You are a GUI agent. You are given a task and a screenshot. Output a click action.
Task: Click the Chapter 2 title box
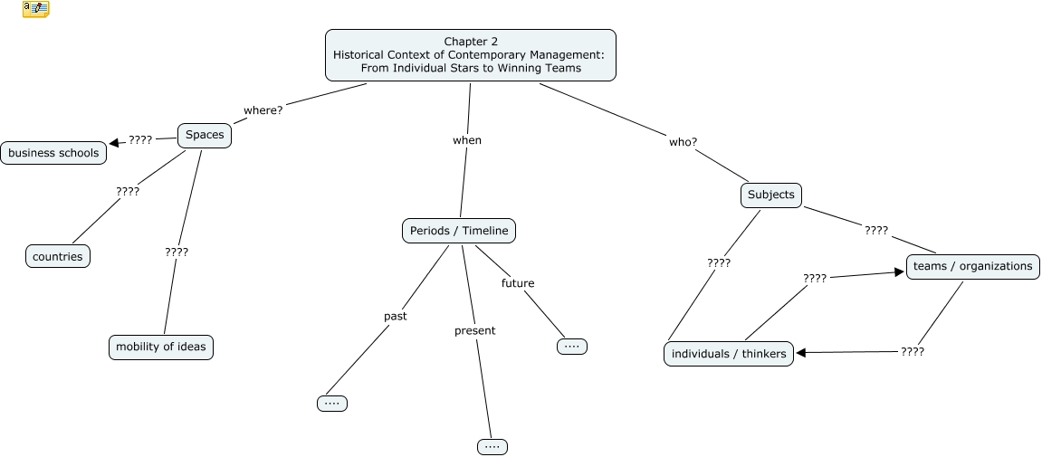click(470, 55)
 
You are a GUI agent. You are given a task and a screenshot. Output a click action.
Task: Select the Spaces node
click(205, 136)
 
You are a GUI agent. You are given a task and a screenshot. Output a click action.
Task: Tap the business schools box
click(53, 153)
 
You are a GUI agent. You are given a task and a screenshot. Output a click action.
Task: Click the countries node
click(58, 256)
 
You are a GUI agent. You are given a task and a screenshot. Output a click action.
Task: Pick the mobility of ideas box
click(161, 347)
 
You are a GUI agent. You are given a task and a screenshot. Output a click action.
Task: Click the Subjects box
click(770, 195)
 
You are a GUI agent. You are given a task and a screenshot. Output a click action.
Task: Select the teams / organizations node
click(972, 266)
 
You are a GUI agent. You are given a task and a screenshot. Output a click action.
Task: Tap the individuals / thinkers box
click(729, 353)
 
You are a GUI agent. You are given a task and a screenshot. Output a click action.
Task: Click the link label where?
click(263, 110)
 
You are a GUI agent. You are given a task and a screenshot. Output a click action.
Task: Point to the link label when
click(467, 140)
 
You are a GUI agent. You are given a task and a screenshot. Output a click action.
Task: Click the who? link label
click(683, 141)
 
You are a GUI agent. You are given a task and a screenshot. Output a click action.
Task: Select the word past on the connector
click(396, 316)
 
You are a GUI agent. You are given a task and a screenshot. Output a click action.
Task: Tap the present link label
click(475, 330)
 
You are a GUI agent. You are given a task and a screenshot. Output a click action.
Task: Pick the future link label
click(518, 283)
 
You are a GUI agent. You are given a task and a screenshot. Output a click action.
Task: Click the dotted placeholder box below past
click(332, 403)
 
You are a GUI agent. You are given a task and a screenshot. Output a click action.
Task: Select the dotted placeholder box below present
click(492, 446)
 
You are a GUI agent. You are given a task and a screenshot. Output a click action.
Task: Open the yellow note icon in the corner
click(36, 9)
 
